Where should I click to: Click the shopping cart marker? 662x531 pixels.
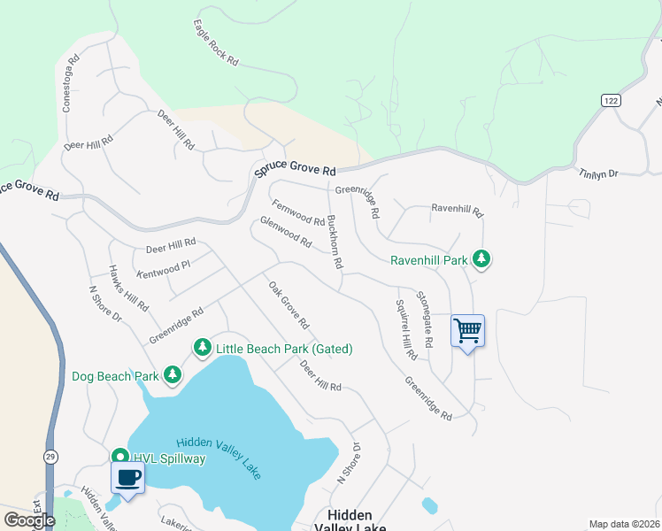(x=467, y=332)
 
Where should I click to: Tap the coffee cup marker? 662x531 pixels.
(x=127, y=479)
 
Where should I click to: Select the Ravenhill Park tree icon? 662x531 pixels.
(x=481, y=259)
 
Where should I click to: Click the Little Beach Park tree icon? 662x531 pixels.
(x=203, y=348)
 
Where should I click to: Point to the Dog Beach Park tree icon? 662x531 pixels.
(x=172, y=376)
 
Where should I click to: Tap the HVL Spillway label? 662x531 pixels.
(x=169, y=458)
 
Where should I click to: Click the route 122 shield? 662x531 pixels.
(x=609, y=101)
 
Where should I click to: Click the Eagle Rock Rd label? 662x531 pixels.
(x=216, y=44)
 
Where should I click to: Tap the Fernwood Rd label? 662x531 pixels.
(x=298, y=212)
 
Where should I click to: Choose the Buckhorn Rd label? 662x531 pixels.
(x=335, y=242)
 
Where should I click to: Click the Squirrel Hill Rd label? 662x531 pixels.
(x=405, y=329)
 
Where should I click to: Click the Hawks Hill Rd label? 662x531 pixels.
(x=128, y=288)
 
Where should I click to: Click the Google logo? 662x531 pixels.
(x=29, y=520)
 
